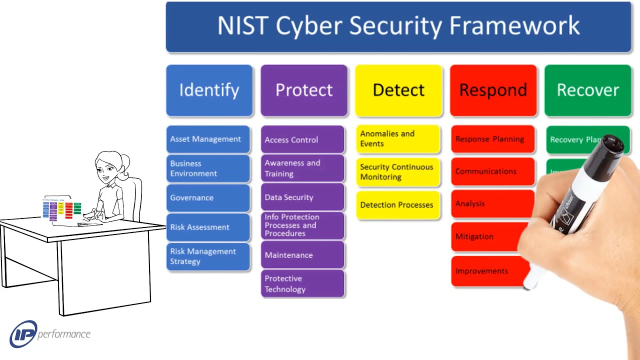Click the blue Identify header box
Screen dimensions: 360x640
pyautogui.click(x=209, y=90)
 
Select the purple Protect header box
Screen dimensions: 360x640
pyautogui.click(x=303, y=90)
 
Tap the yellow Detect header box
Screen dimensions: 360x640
pyautogui.click(x=398, y=90)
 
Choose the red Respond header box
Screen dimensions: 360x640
pyautogui.click(x=493, y=90)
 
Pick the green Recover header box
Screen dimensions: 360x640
pyautogui.click(x=587, y=90)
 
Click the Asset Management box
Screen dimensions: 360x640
pyautogui.click(x=207, y=139)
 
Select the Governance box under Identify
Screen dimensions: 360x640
pyautogui.click(x=207, y=197)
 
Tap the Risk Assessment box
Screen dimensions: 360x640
pyautogui.click(x=207, y=227)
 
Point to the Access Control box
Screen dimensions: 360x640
pyautogui.click(x=302, y=139)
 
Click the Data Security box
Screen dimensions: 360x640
pyautogui.click(x=302, y=197)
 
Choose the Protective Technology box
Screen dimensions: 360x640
pyautogui.click(x=302, y=283)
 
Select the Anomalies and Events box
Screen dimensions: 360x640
pyautogui.click(x=398, y=138)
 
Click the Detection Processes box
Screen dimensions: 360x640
pyautogui.click(x=398, y=204)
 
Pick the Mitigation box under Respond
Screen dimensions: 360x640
pyautogui.click(x=485, y=236)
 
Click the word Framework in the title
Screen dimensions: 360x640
pyautogui.click(x=515, y=26)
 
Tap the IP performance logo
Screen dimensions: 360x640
pyautogui.click(x=50, y=334)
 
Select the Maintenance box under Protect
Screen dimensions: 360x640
pyautogui.click(x=302, y=255)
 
